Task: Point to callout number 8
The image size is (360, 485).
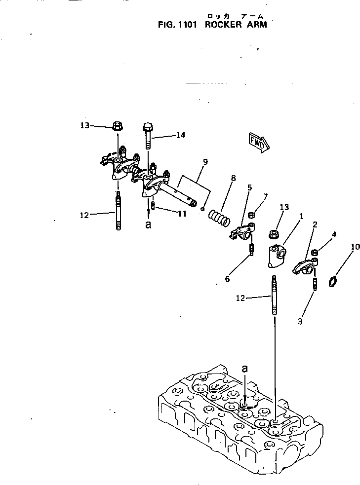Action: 233,178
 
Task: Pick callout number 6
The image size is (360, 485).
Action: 228,279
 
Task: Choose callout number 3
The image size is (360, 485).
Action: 300,321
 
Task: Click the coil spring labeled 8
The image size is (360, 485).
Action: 218,217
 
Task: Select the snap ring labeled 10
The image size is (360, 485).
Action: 333,283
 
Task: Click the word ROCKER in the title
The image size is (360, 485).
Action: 221,24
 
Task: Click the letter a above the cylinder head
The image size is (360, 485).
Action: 245,369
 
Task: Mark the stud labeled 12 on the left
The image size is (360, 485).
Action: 119,213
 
